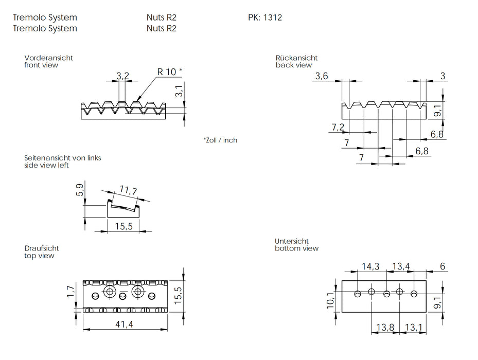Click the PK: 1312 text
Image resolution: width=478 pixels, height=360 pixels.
pyautogui.click(x=265, y=17)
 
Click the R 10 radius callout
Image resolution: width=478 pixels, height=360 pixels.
pyautogui.click(x=169, y=71)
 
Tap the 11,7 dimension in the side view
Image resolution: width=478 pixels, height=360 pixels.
pyautogui.click(x=128, y=191)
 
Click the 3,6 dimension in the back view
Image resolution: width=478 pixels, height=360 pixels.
pyautogui.click(x=321, y=76)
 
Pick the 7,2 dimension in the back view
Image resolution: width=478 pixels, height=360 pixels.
pyautogui.click(x=338, y=127)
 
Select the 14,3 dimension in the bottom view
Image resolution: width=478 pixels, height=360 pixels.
pyautogui.click(x=370, y=266)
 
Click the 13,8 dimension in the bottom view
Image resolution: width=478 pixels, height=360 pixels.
pyautogui.click(x=385, y=327)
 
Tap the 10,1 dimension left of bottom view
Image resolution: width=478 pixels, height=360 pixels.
pyautogui.click(x=330, y=300)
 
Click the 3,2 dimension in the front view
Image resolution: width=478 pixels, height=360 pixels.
pyautogui.click(x=122, y=76)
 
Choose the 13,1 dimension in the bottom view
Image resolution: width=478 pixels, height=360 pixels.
pyautogui.click(x=414, y=327)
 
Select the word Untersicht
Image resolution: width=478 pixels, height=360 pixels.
pyautogui.click(x=292, y=241)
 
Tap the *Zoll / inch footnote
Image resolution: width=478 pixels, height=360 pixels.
pyautogui.click(x=220, y=140)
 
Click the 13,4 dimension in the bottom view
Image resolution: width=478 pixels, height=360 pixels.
pyautogui.click(x=401, y=266)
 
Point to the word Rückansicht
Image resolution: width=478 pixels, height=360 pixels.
pyautogui.click(x=296, y=58)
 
